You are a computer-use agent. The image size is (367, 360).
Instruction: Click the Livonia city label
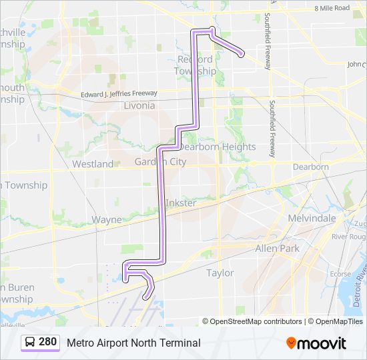[x=139, y=105]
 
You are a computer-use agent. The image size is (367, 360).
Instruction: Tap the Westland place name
[x=93, y=163]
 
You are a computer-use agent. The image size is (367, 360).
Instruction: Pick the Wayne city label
[x=107, y=219]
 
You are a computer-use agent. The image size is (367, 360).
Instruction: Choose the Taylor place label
[x=220, y=273]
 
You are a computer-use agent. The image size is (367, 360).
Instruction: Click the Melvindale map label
[x=311, y=218]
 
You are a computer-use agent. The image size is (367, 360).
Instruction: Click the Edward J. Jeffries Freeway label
[x=119, y=93]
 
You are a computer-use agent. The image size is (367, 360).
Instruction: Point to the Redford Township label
[x=196, y=65]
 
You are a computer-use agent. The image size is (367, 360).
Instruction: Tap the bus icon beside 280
[x=31, y=343]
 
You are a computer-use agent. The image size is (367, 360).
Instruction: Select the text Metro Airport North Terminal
[x=133, y=343]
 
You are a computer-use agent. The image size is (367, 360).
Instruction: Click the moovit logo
[x=316, y=343]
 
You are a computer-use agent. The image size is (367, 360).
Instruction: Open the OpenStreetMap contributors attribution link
[x=256, y=321]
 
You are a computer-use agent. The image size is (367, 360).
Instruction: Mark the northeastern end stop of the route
[x=240, y=55]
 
